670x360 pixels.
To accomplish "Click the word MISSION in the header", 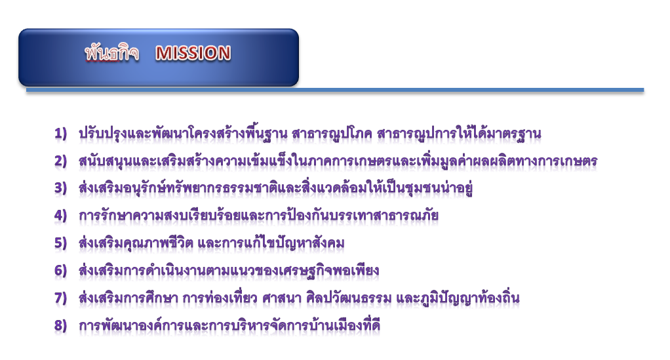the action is [193, 53].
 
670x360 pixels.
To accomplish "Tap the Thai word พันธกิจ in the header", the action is [111, 53].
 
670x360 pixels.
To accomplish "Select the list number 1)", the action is [61, 134].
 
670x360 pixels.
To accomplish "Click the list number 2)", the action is [61, 161].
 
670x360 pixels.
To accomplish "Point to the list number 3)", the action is [61, 189].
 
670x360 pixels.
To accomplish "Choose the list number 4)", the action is [61, 216].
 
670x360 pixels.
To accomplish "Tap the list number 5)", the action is [61, 243].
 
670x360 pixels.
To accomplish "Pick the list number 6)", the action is [61, 271].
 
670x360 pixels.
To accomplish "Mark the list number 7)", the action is [61, 298].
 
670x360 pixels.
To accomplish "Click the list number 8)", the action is [61, 325].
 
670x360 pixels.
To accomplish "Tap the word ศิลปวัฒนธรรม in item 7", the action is [349, 298].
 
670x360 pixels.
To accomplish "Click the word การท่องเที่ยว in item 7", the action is [220, 298].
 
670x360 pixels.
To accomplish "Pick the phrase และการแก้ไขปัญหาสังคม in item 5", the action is [271, 243].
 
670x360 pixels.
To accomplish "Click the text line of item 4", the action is [258, 216].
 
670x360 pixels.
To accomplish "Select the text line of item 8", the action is [229, 325].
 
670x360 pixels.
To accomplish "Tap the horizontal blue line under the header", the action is [335, 90].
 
